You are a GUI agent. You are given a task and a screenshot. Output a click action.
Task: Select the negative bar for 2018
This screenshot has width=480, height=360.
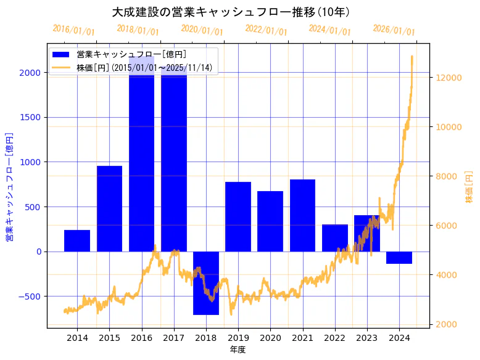click(206, 283)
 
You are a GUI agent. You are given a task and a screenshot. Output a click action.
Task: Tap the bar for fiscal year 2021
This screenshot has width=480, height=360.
click(302, 215)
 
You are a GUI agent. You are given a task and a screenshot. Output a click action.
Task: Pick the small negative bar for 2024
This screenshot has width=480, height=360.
click(399, 257)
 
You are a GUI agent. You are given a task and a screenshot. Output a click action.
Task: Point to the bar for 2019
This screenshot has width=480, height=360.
click(238, 216)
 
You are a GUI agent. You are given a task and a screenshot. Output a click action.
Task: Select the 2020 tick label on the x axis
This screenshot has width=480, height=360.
click(270, 338)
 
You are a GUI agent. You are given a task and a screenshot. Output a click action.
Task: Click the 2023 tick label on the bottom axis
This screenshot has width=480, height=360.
click(367, 338)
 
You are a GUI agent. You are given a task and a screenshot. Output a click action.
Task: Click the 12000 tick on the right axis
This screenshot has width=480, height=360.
click(449, 78)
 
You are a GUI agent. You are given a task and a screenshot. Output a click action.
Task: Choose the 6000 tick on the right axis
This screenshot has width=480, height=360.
click(447, 226)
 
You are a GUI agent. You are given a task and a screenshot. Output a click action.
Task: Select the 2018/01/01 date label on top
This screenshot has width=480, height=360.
click(138, 30)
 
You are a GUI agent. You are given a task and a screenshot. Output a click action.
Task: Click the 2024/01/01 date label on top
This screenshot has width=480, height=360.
click(329, 30)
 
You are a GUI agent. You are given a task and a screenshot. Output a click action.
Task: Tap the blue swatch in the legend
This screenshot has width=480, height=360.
click(61, 55)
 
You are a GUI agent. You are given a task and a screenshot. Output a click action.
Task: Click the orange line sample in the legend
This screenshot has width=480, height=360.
click(61, 67)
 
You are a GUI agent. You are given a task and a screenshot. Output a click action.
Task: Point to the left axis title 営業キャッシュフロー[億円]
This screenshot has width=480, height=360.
click(9, 187)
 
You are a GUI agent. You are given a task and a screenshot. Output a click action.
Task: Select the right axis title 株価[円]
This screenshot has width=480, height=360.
click(469, 187)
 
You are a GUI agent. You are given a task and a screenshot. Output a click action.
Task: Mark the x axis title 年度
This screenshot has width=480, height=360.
click(238, 350)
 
